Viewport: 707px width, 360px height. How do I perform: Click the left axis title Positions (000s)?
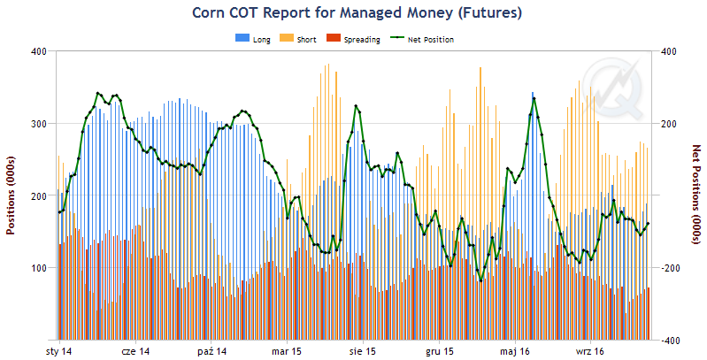click(x=12, y=195)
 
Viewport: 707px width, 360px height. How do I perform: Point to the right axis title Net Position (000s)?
click(x=695, y=195)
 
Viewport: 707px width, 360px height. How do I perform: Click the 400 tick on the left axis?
click(x=38, y=51)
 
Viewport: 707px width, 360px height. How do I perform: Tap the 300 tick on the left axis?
click(x=38, y=124)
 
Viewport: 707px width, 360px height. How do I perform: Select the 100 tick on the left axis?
click(x=38, y=268)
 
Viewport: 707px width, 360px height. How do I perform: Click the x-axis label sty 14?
click(x=59, y=352)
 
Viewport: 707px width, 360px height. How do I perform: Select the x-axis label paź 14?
click(x=212, y=352)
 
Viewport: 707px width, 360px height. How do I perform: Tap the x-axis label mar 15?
click(x=288, y=352)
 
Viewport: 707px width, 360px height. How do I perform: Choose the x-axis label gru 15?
click(x=440, y=352)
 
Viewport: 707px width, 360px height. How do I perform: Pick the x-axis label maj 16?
click(x=515, y=352)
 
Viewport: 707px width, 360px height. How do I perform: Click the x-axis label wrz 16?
click(x=590, y=352)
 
